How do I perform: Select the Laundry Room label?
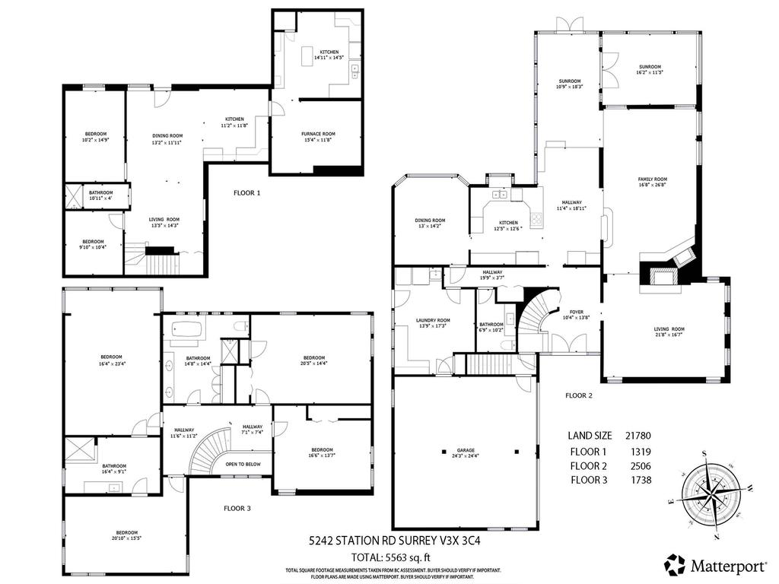(x=433, y=323)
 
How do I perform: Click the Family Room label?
(x=652, y=181)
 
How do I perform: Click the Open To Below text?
(x=243, y=464)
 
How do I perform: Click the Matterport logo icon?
(x=675, y=564)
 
